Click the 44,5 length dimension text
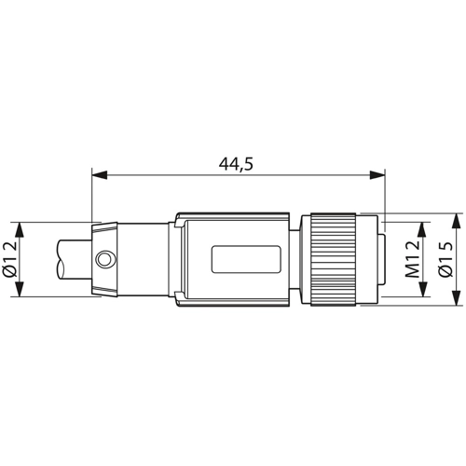click(x=236, y=164)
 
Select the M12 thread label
click(x=412, y=259)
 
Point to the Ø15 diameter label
click(x=445, y=259)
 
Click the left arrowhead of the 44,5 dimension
click(x=100, y=174)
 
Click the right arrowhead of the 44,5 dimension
click(x=377, y=174)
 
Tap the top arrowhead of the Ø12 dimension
click(x=20, y=230)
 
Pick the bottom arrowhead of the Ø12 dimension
click(x=20, y=289)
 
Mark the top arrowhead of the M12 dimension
click(x=423, y=230)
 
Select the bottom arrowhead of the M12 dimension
click(x=423, y=289)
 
